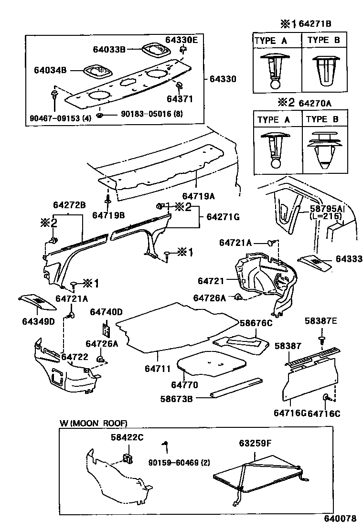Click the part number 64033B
click(109, 49)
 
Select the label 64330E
click(181, 40)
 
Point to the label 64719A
click(198, 196)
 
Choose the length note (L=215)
click(326, 216)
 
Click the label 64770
click(184, 384)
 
